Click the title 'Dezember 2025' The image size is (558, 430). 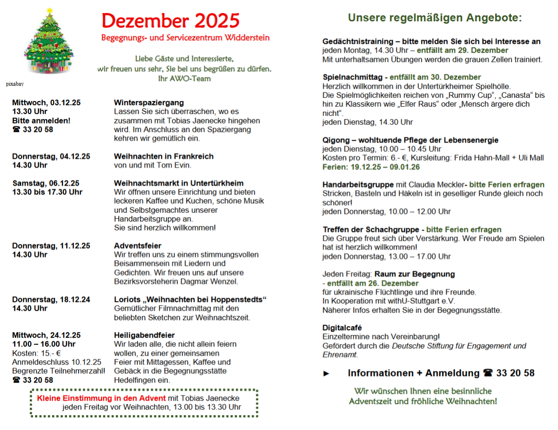point(170,20)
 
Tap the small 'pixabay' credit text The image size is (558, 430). point(15,84)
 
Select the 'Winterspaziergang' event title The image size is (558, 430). point(149,102)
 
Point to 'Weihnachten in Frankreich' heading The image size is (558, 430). point(164,156)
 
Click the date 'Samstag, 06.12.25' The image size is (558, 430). point(46,183)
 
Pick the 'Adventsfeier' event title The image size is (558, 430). point(138,246)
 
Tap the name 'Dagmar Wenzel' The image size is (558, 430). point(213,281)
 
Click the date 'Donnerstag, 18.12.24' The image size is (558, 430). point(51,299)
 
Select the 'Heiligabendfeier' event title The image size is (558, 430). point(144,335)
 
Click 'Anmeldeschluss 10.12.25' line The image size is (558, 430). point(57,362)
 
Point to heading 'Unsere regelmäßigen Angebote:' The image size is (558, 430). point(435,18)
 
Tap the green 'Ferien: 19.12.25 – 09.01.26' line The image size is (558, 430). point(371,167)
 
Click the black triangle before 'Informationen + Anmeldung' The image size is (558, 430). point(327,374)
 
